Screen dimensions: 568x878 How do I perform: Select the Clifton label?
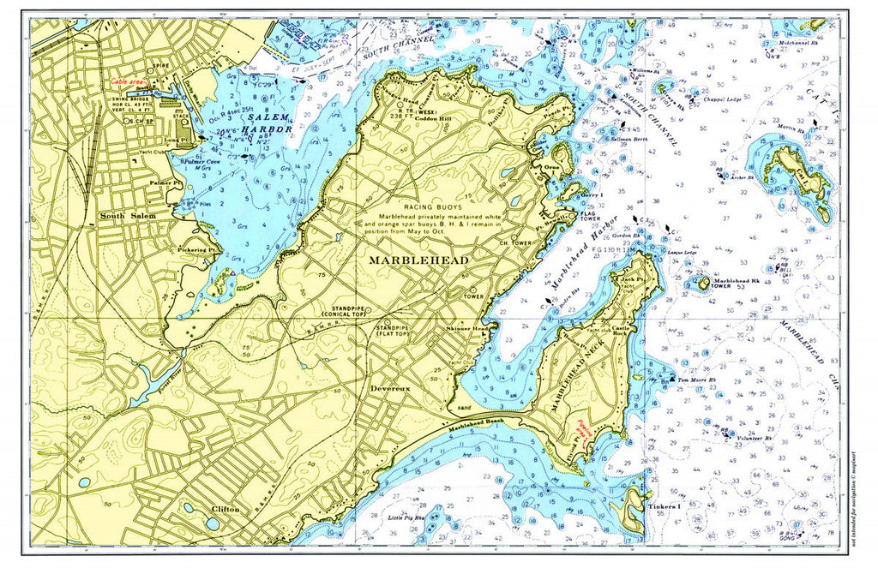[225, 510]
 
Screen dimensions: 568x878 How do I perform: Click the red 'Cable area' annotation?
[127, 81]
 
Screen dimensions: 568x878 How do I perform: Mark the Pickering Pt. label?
[197, 250]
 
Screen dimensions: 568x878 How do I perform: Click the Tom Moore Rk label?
[695, 380]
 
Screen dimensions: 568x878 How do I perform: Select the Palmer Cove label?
[200, 160]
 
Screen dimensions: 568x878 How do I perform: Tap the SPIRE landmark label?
[159, 64]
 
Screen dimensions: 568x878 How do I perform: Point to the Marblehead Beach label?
[473, 425]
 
